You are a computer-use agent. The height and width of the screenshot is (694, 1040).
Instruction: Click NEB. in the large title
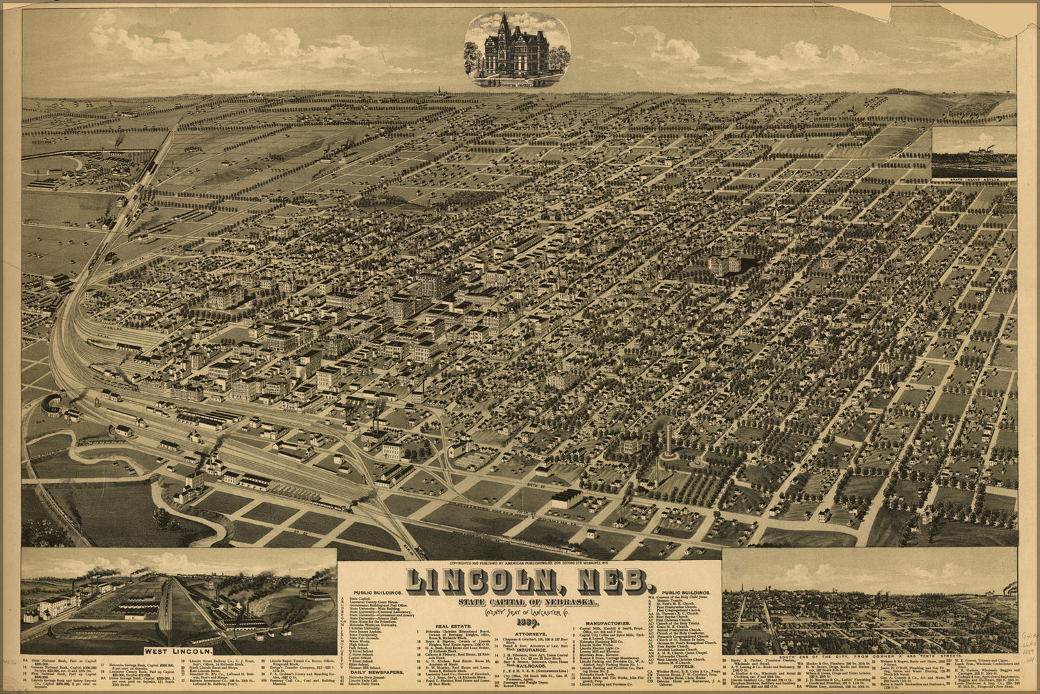coord(607,582)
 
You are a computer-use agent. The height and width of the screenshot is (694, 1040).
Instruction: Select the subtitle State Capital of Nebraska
coord(527,600)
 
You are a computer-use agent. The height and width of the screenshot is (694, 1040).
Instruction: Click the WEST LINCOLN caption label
coord(178,651)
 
